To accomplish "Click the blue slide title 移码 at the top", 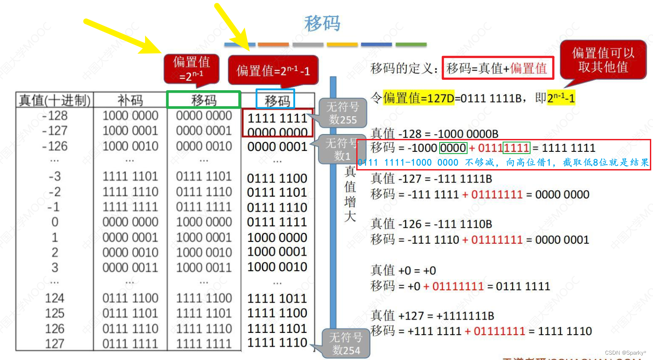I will pos(323,24).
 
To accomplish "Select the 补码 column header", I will pos(130,100).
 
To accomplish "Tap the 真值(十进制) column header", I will pos(55,100).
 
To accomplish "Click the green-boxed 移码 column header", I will pos(204,100).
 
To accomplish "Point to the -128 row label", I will pos(55,116).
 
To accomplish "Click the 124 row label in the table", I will pos(55,298).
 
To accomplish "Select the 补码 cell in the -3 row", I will pos(130,177).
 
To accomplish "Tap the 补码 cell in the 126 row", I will pos(130,328).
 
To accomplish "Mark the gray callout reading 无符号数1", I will pos(341,149).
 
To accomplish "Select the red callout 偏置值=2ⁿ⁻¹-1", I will pos(273,70).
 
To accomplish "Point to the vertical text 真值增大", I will pos(350,194).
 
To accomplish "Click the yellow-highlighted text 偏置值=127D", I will pos(419,98).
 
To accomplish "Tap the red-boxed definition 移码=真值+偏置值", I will pos(498,68).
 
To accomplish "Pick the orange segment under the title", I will pos(273,44).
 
